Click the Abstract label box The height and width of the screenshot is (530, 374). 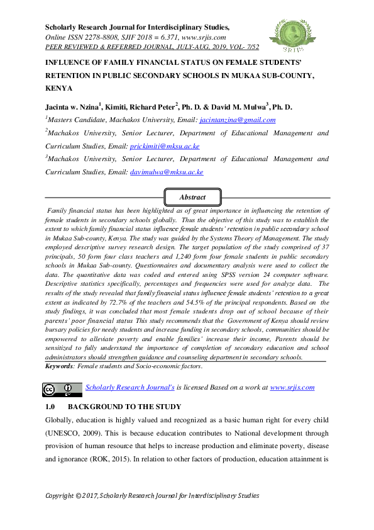192,197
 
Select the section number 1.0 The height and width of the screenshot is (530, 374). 51,407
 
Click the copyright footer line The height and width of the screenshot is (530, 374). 152,496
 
